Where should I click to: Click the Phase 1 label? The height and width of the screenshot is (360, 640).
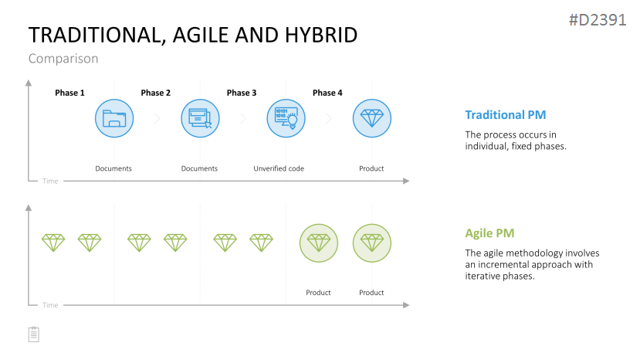(69, 93)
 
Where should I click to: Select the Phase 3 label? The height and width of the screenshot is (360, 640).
(242, 93)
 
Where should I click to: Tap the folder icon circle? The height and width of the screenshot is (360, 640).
(114, 118)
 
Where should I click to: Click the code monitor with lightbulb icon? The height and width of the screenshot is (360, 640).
(286, 118)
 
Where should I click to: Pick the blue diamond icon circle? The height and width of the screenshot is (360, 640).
(372, 118)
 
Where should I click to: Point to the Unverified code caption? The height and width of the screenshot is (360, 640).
(279, 168)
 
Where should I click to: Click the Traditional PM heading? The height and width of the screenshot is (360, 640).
(506, 115)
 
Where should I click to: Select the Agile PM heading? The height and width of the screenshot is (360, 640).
(489, 233)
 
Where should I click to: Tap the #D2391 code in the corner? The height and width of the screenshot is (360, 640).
(598, 19)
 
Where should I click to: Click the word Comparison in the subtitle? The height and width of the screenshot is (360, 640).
(63, 59)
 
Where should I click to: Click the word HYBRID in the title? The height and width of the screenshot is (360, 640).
(321, 35)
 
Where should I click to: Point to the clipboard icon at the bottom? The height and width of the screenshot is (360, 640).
(34, 335)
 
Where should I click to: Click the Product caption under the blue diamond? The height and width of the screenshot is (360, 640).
(371, 168)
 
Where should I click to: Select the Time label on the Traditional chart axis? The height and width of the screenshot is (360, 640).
(50, 181)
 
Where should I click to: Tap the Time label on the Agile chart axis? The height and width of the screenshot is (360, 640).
(50, 305)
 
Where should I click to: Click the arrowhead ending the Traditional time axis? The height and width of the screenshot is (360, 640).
(406, 181)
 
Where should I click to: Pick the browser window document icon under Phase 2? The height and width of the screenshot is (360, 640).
(200, 118)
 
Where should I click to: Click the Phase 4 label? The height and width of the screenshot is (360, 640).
(327, 93)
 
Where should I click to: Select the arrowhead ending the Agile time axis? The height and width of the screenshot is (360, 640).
(406, 305)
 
